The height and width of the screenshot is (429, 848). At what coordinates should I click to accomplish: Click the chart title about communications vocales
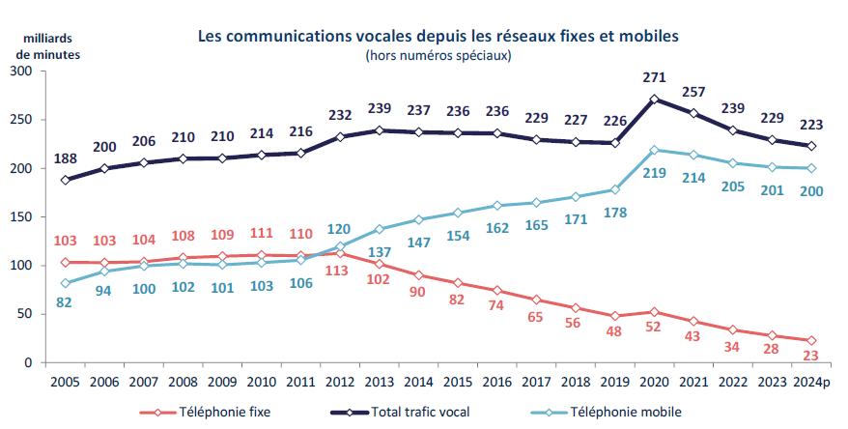coord(438,36)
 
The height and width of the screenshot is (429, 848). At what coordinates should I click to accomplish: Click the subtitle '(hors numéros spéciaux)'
coord(438,55)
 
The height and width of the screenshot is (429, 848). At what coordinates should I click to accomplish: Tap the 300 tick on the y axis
coord(22,71)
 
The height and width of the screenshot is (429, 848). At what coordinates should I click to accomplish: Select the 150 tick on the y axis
coord(22,217)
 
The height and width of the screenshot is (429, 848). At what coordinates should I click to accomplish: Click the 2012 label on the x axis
coord(340,382)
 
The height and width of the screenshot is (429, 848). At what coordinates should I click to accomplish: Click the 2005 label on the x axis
coord(66,382)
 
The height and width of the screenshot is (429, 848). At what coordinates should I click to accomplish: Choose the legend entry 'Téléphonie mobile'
coord(621,412)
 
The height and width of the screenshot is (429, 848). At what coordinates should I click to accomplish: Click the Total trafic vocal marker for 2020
coord(655,99)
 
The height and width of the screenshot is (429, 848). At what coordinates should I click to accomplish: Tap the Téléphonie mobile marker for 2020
coord(655,150)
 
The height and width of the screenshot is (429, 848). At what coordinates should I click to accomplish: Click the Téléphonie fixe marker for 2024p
coord(811,340)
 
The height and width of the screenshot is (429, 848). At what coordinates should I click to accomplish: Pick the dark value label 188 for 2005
coord(66,157)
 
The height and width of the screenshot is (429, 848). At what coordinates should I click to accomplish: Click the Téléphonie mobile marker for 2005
coord(66,283)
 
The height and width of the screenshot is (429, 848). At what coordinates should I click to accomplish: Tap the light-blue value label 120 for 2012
coord(340,229)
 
